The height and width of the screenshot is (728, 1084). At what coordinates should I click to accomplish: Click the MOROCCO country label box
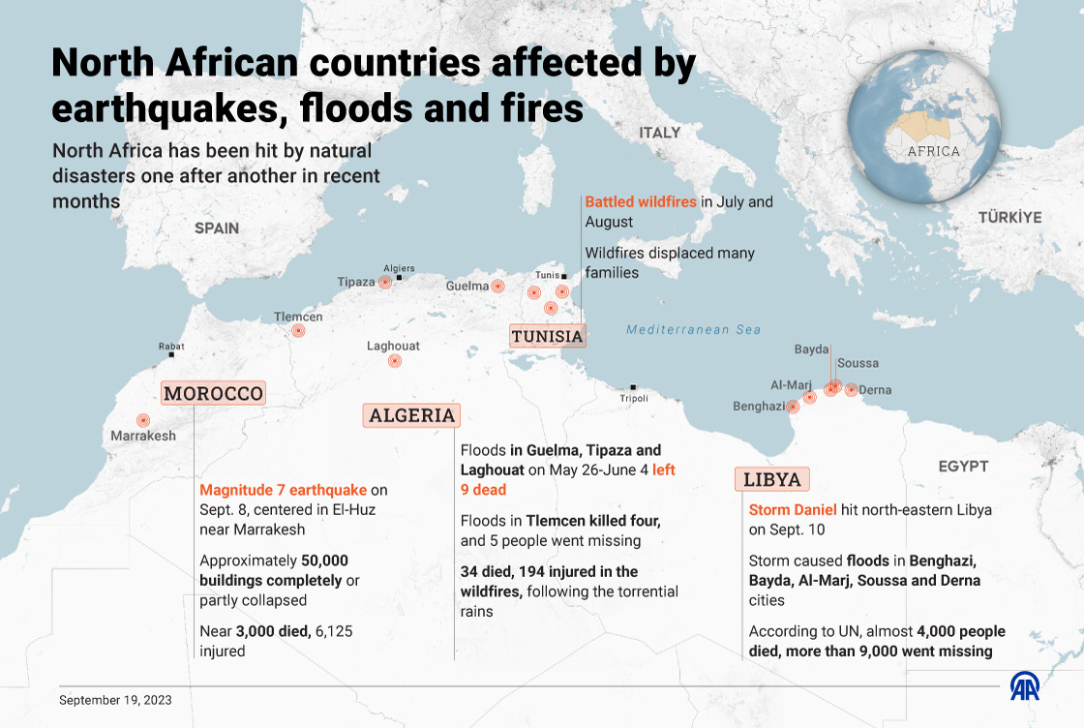coord(213,393)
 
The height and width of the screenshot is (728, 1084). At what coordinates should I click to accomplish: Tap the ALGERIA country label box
coord(411,415)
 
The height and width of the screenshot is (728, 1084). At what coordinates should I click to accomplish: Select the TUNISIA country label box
coord(547,336)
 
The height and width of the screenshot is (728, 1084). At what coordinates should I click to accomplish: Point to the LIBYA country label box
coord(772,479)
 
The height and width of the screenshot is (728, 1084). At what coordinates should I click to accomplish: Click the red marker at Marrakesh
coord(143,420)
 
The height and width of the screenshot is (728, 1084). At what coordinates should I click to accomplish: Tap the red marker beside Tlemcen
coord(298,330)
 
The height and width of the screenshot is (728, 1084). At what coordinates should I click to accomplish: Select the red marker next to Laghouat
coord(394,361)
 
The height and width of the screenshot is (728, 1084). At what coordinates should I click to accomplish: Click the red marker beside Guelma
coord(497,286)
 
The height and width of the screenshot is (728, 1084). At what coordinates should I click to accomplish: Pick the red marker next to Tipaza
coord(385,282)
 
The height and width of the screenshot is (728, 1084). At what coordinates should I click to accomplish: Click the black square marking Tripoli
coord(633,387)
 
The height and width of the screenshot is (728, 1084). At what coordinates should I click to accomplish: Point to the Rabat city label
coord(171,346)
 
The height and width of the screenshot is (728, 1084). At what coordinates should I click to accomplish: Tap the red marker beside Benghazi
coord(794,407)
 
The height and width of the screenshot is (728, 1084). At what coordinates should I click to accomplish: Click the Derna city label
coord(875,390)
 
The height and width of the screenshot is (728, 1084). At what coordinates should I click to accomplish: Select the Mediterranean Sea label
coord(693,329)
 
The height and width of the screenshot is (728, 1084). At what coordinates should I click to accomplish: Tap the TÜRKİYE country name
coord(1009,217)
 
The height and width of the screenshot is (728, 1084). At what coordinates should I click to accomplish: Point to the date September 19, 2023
coord(115,699)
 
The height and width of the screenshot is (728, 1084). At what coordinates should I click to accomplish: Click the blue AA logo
coord(1026,685)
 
